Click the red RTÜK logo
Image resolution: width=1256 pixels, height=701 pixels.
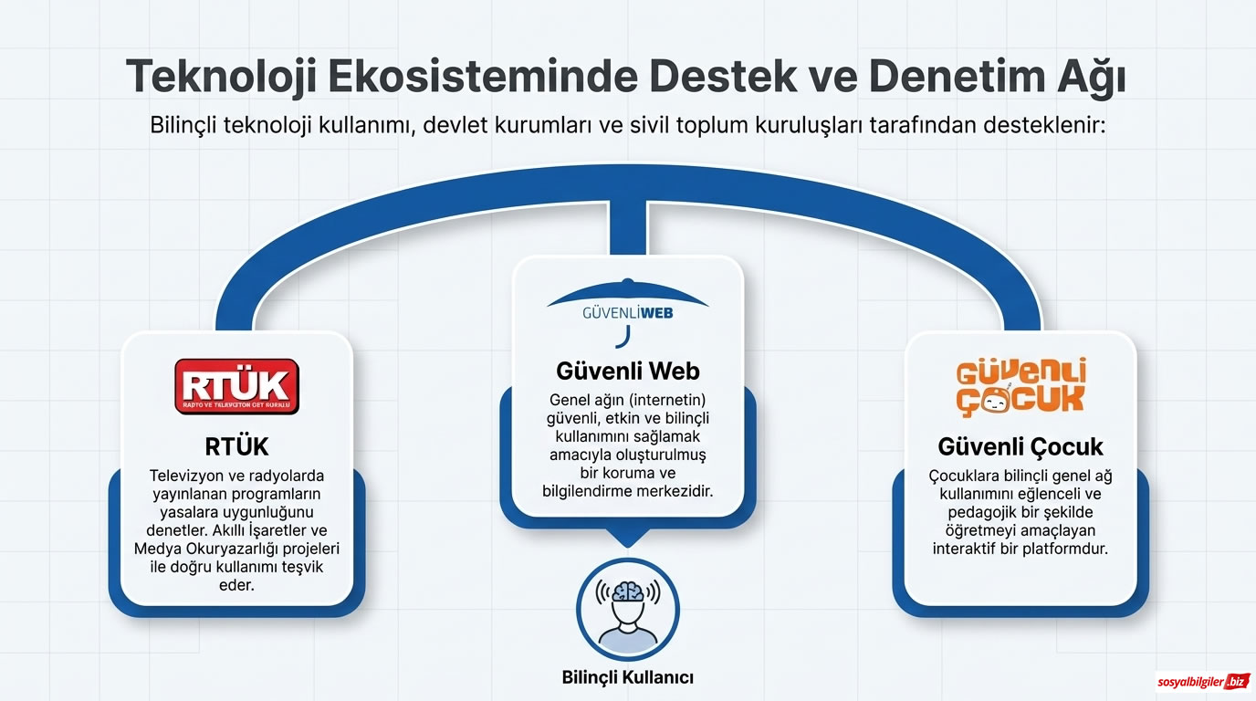(x=236, y=386)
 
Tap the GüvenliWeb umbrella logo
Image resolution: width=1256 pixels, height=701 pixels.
(x=627, y=308)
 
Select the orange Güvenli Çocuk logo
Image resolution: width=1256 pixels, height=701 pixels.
(x=1020, y=387)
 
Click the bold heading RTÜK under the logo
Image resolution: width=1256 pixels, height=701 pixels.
(x=236, y=446)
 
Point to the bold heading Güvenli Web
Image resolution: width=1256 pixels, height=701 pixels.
(x=628, y=371)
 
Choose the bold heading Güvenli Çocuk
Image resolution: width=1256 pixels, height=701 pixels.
(x=1020, y=446)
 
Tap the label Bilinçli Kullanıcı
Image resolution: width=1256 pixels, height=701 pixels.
(x=628, y=677)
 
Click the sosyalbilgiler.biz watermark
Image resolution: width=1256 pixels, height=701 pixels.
(x=1202, y=681)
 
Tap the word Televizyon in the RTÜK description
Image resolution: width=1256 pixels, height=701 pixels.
(x=190, y=476)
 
